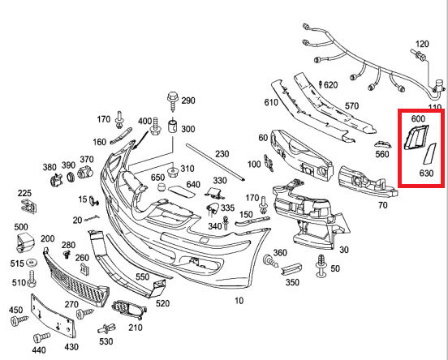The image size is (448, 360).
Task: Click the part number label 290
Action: (x=188, y=101)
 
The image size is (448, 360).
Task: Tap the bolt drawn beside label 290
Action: (x=173, y=101)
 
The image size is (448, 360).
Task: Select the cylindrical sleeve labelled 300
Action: (x=173, y=127)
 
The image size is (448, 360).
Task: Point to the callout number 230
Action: (x=222, y=154)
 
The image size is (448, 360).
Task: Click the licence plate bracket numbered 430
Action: (x=53, y=316)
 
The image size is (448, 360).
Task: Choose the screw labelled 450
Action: (x=19, y=320)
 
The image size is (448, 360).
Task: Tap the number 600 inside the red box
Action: (x=418, y=118)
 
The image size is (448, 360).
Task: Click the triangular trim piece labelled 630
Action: (x=429, y=154)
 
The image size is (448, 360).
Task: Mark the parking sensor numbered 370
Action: (x=85, y=172)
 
